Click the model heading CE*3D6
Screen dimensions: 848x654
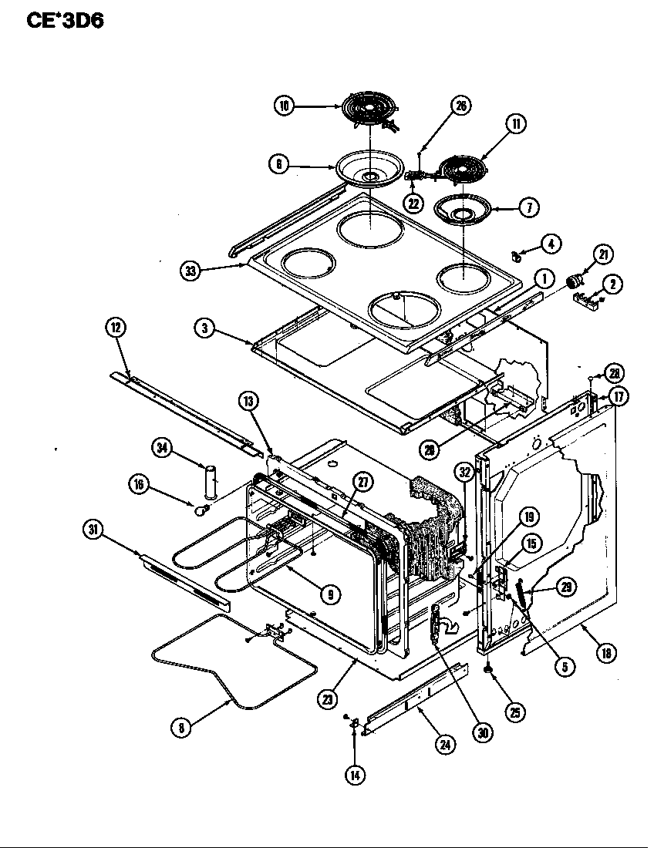click(65, 19)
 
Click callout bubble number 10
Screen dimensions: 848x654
click(285, 106)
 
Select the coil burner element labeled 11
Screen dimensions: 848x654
click(464, 168)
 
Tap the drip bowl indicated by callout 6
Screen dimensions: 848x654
click(369, 171)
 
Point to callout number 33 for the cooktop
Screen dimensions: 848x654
click(190, 271)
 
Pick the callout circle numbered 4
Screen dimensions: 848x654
click(550, 244)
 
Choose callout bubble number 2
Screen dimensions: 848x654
click(612, 284)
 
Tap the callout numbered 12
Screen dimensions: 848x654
click(115, 328)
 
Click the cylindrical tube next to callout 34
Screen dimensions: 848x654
click(211, 483)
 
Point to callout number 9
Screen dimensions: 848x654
click(329, 594)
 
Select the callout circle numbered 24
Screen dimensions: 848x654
click(445, 745)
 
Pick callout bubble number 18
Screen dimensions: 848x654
click(606, 653)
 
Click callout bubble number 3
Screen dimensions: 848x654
click(204, 328)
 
